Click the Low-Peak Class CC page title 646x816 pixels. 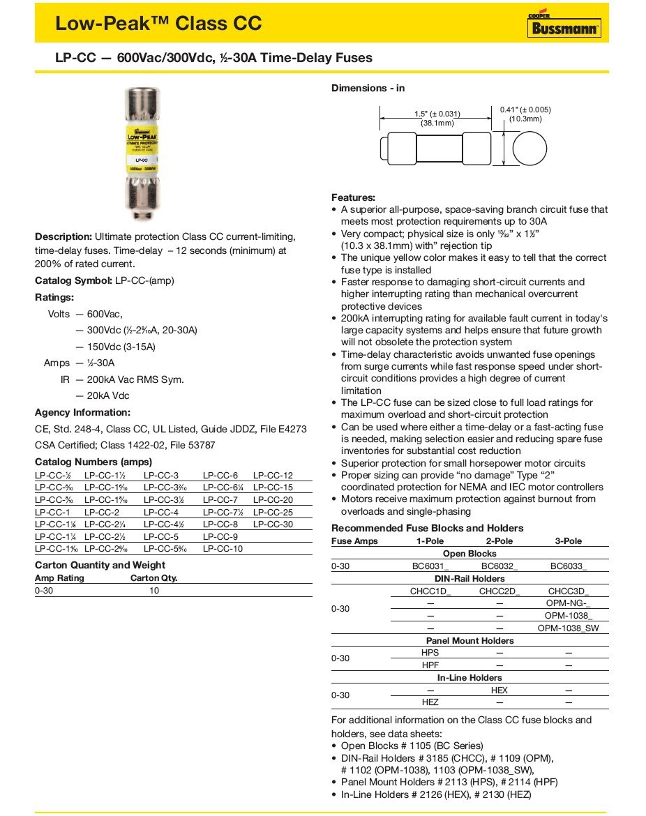pyautogui.click(x=158, y=24)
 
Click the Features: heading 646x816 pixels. pyautogui.click(x=353, y=197)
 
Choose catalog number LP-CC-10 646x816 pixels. pyautogui.click(x=223, y=549)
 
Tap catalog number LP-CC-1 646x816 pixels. pyautogui.click(x=52, y=512)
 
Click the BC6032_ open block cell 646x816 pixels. pyautogui.click(x=499, y=566)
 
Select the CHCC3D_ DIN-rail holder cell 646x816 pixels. pyautogui.click(x=569, y=591)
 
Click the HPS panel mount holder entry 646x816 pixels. pyautogui.click(x=430, y=653)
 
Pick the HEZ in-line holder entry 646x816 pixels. pyautogui.click(x=430, y=702)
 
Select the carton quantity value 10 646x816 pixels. pyautogui.click(x=154, y=591)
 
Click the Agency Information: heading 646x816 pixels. pyautogui.click(x=82, y=412)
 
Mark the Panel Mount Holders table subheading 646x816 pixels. pyautogui.click(x=470, y=640)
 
